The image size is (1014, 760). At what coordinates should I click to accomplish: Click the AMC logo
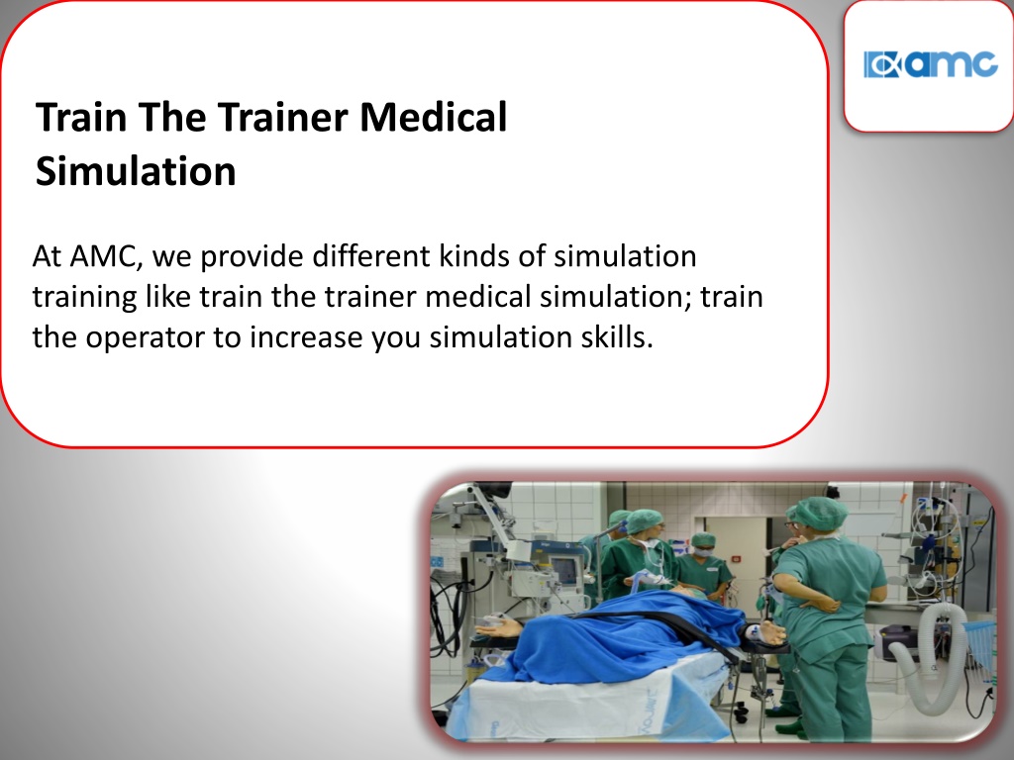coord(930,64)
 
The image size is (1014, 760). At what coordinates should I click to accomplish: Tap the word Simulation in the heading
coord(136,171)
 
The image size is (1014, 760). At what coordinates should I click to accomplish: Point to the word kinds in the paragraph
coord(474,256)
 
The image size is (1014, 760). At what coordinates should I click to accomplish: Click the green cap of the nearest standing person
coord(821,514)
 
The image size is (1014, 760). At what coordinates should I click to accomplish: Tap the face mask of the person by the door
coord(702,551)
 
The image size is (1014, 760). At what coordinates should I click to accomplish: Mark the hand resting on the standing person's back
coord(825,605)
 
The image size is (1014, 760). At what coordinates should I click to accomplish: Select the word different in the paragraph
coord(371,256)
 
